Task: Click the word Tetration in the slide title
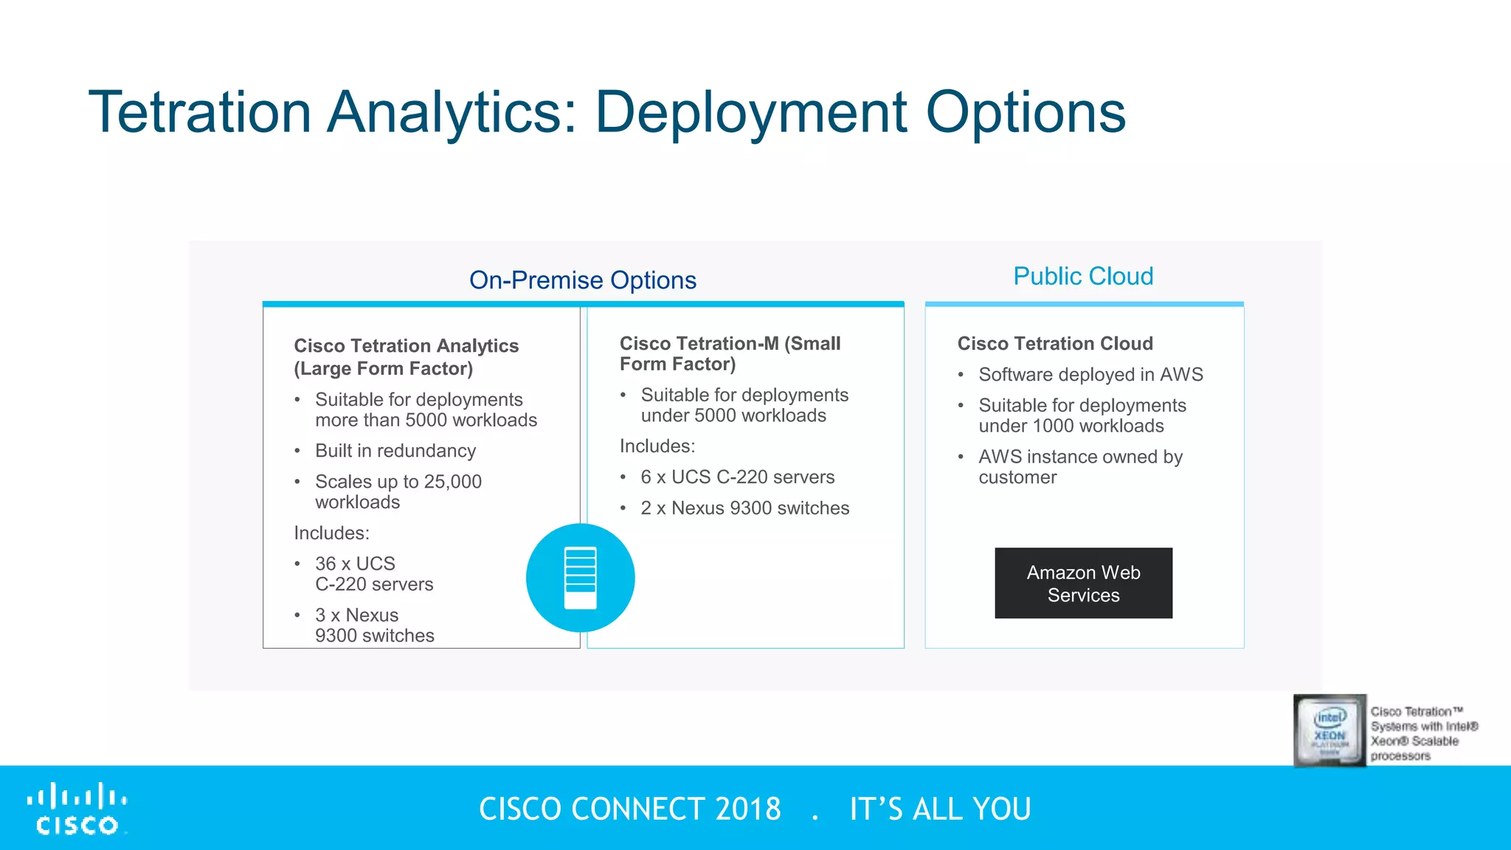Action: point(199,112)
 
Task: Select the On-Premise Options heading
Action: point(582,280)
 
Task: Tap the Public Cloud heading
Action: point(1082,276)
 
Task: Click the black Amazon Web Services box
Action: point(1083,583)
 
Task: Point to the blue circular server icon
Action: point(580,578)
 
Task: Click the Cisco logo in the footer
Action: point(77,809)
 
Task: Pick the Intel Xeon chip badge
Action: point(1330,730)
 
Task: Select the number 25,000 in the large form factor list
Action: point(452,482)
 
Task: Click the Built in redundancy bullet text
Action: point(395,451)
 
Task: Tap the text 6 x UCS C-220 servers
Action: point(737,477)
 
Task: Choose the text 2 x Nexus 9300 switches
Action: point(744,508)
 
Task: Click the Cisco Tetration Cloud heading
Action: point(1054,344)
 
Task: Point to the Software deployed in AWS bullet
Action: point(1090,375)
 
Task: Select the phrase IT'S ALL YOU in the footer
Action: point(940,809)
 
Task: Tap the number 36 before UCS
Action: point(325,564)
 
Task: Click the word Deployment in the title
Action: point(750,112)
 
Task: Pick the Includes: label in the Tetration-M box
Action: point(657,446)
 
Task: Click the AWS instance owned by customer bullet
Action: point(1079,467)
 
